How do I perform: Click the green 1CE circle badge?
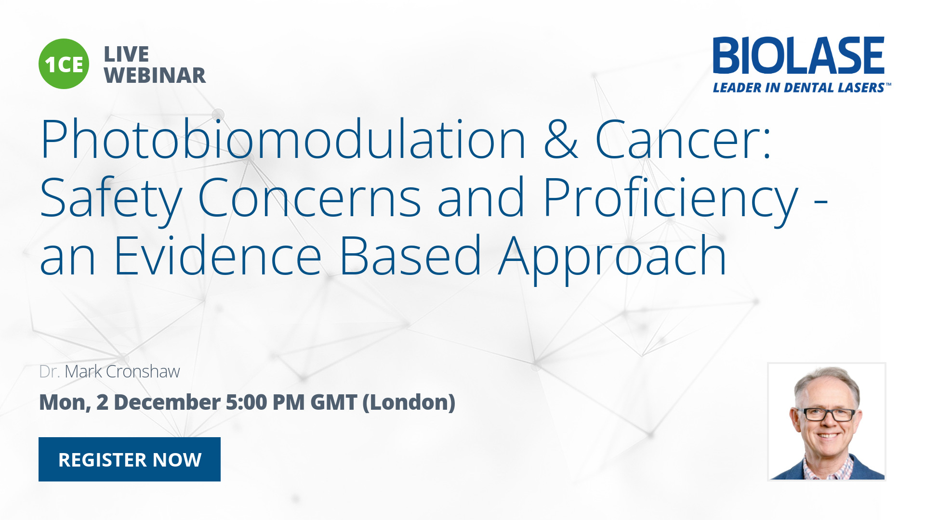tap(64, 64)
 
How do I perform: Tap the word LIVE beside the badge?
tap(126, 54)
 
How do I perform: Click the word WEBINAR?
tap(155, 76)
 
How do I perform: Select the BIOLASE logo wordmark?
tap(799, 55)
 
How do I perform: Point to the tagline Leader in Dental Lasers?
tap(802, 88)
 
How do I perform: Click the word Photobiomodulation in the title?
tap(283, 140)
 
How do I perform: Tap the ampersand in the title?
tap(561, 140)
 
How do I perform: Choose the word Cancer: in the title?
tap(683, 140)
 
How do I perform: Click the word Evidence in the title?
tap(218, 256)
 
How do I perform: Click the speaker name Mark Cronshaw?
tap(122, 372)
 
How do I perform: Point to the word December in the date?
tap(167, 403)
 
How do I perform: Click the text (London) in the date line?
tap(409, 403)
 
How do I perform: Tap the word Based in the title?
tap(410, 256)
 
